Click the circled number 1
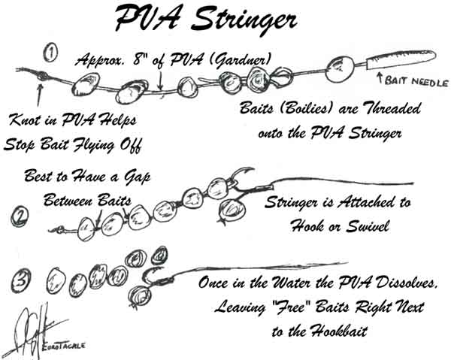click(x=50, y=53)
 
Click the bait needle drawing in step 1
click(x=401, y=59)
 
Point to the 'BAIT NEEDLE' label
click(x=416, y=82)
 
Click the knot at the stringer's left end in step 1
click(x=42, y=75)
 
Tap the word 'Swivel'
click(x=368, y=226)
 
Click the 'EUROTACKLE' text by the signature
click(x=63, y=345)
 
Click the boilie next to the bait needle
click(x=340, y=69)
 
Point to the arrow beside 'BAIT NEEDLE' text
click(x=380, y=78)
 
